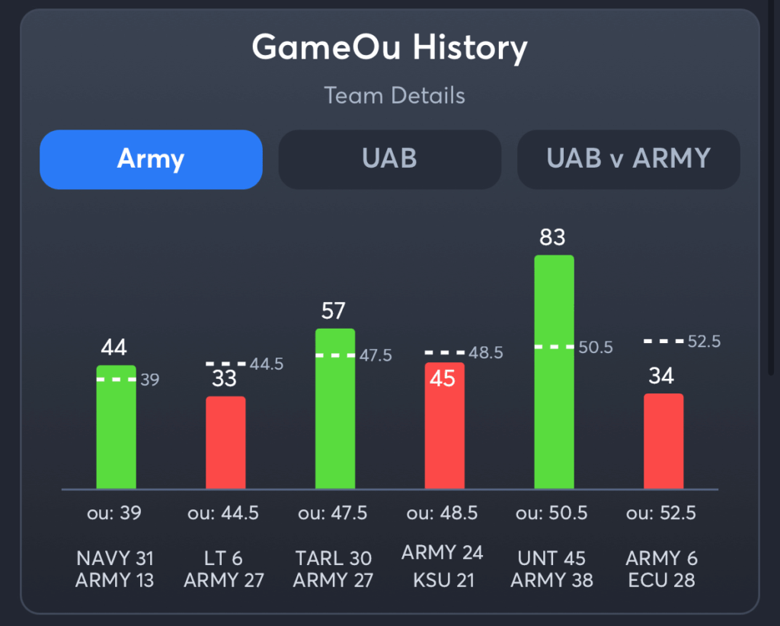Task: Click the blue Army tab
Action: [x=151, y=159]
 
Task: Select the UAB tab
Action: [x=389, y=159]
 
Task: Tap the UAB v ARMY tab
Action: [x=628, y=159]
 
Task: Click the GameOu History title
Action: [x=389, y=49]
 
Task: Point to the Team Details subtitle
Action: [x=394, y=96]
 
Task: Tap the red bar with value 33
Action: [x=225, y=442]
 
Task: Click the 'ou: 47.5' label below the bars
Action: [x=334, y=514]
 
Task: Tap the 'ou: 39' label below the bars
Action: [x=114, y=514]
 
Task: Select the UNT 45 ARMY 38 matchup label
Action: [x=552, y=570]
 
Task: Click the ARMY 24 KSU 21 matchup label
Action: [x=443, y=566]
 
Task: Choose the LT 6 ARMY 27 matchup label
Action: [x=224, y=570]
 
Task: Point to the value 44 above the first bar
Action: [x=114, y=348]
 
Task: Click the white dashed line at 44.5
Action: [x=225, y=364]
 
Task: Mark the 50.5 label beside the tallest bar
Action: [x=596, y=348]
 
